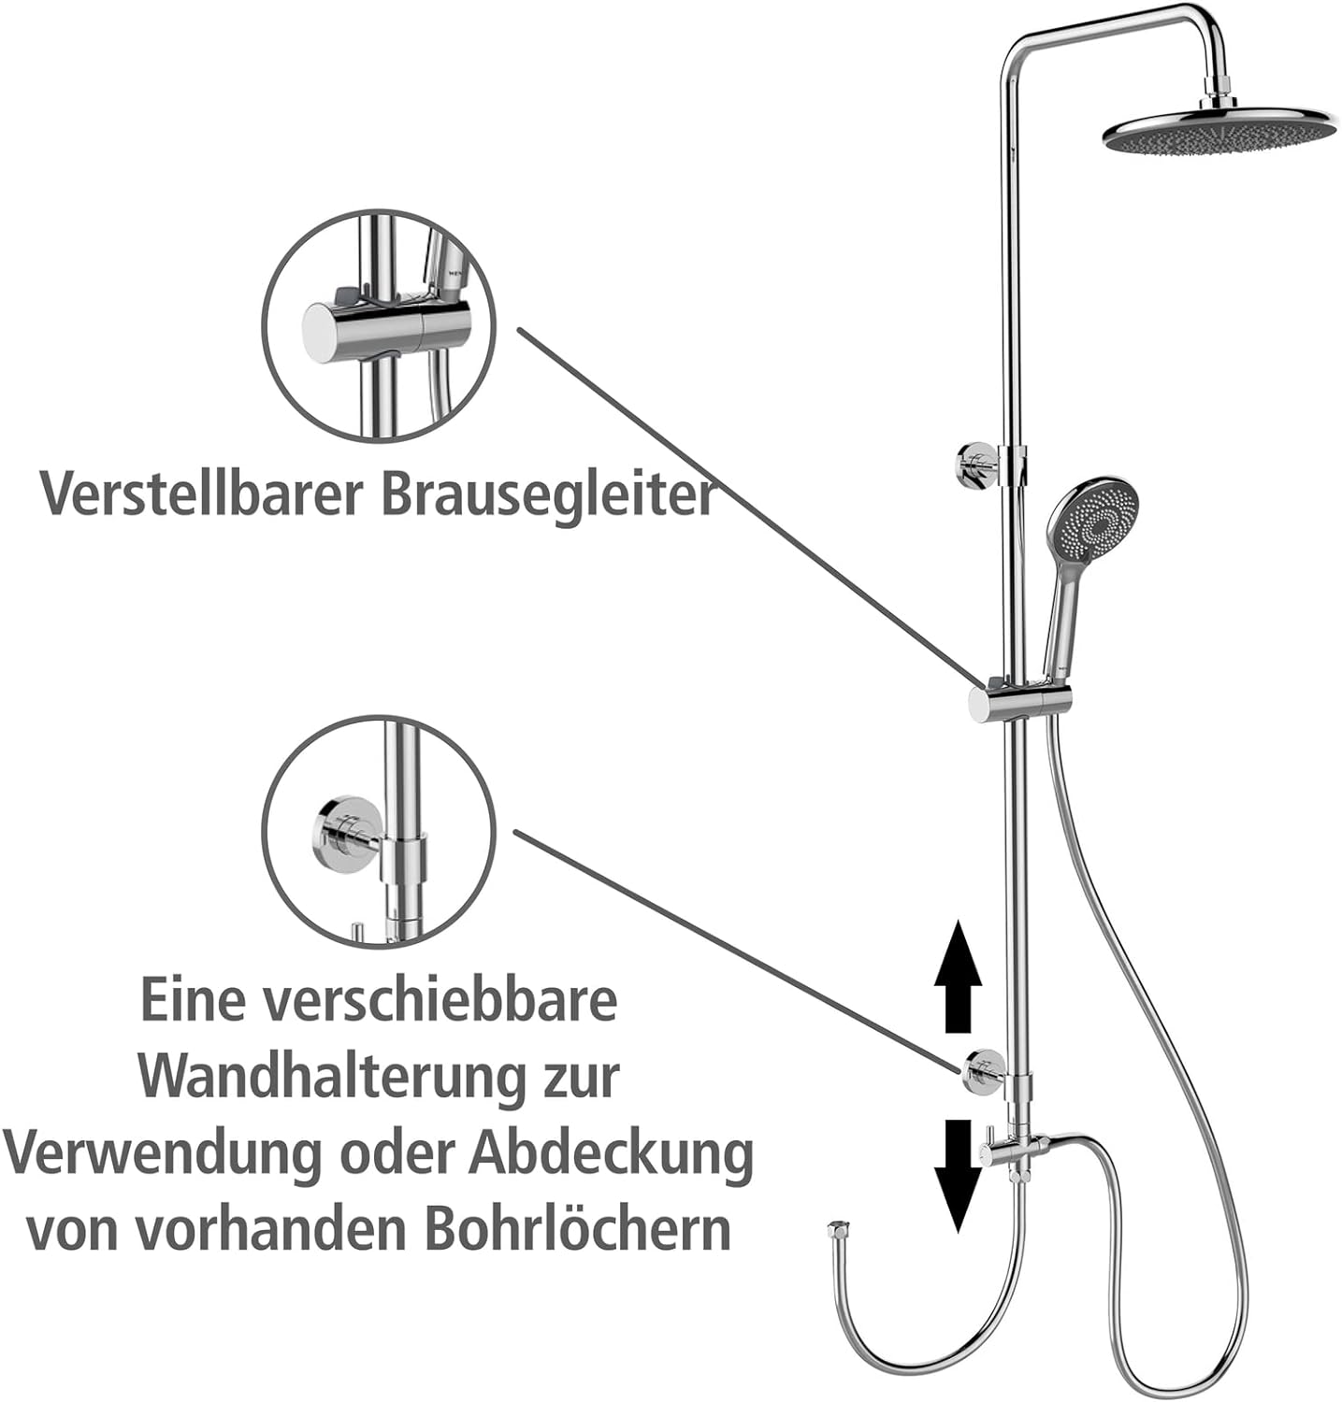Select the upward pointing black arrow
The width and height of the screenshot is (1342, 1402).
[958, 976]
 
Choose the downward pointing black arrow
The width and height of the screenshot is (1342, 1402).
[958, 1175]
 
